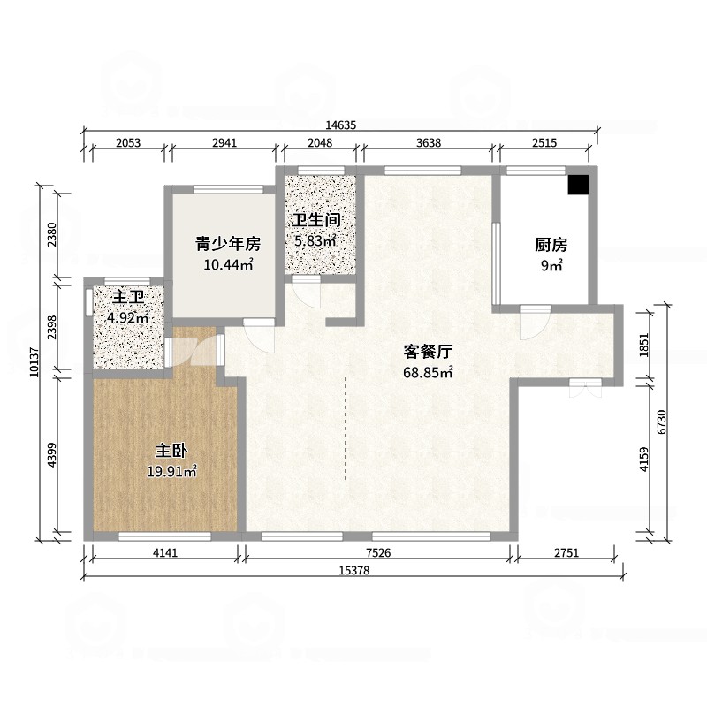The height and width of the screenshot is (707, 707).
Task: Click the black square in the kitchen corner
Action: click(x=578, y=185)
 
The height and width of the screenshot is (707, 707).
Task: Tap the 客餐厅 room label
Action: click(x=428, y=351)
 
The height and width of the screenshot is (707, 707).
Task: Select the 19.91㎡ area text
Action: click(x=171, y=471)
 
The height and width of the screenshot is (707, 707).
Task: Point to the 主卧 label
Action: click(x=171, y=451)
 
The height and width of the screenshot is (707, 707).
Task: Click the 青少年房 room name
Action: click(x=228, y=244)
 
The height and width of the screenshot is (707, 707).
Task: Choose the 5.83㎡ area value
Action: click(x=315, y=240)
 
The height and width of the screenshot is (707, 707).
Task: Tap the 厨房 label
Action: click(x=551, y=245)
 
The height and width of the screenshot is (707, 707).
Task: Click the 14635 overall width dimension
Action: click(x=341, y=125)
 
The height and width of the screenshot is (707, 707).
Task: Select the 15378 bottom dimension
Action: click(x=354, y=571)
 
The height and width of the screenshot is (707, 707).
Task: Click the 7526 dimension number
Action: click(x=378, y=552)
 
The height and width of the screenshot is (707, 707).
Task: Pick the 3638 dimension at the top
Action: click(x=429, y=143)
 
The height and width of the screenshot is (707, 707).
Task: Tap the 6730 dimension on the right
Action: click(x=661, y=422)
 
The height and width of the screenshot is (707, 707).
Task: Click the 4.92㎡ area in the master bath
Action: click(x=128, y=317)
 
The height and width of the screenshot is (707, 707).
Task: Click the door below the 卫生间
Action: click(x=306, y=292)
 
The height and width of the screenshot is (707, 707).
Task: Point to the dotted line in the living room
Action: click(x=346, y=428)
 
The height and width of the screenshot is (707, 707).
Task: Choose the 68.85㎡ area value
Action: click(x=428, y=372)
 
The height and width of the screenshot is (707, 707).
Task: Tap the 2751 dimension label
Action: click(x=566, y=552)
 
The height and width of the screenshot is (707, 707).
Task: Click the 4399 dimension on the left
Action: click(x=52, y=454)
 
